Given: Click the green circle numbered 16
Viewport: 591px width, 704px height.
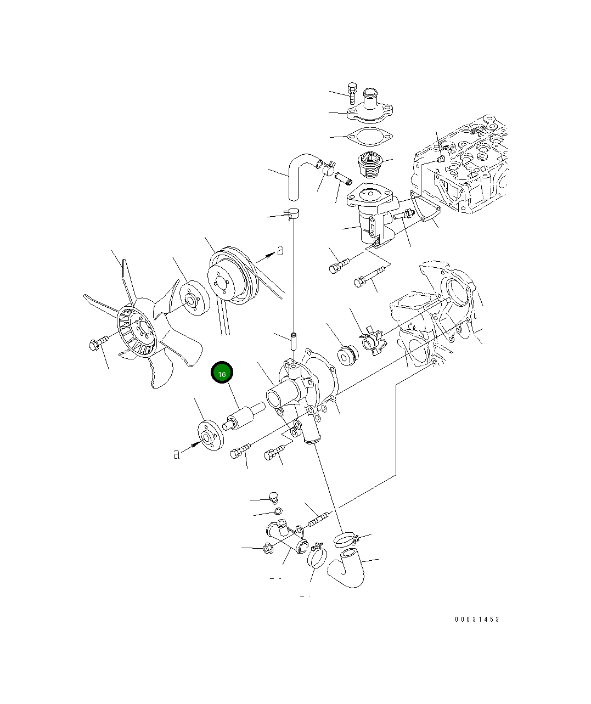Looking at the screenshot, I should (222, 374).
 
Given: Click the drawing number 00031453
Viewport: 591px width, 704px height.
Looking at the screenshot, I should (477, 619).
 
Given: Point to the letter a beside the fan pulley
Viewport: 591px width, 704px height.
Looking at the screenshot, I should (280, 251).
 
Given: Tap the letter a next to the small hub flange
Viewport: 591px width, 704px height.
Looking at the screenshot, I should (177, 454).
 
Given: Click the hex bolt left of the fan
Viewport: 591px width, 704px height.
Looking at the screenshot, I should (95, 345).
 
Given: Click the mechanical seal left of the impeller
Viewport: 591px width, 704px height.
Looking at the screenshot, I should (347, 354).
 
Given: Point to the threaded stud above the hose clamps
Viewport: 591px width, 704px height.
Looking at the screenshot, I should (319, 519).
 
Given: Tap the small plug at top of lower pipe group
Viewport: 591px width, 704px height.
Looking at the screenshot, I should (274, 498).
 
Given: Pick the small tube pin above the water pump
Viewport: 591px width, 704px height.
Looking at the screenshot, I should (294, 340).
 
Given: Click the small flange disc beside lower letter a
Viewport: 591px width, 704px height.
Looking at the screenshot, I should (209, 436).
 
